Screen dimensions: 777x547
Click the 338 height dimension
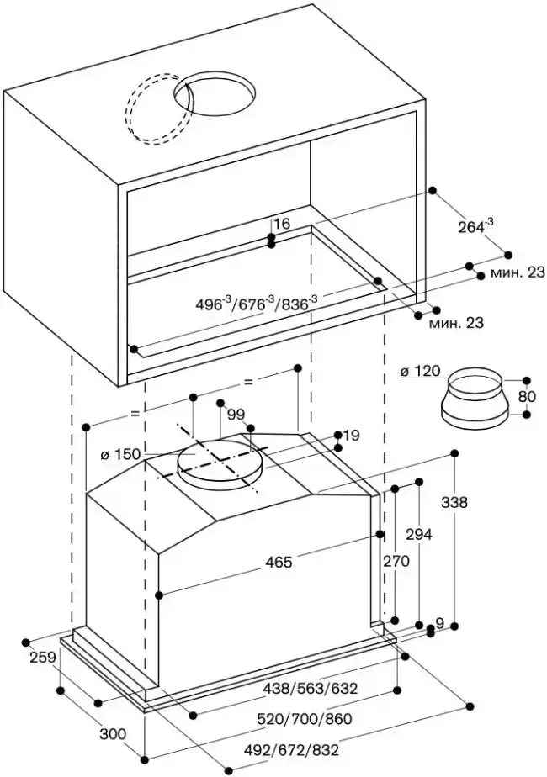click(x=454, y=502)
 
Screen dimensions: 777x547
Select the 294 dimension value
click(x=419, y=533)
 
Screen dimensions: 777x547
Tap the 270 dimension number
click(x=396, y=561)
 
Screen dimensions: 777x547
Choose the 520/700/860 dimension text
click(x=304, y=719)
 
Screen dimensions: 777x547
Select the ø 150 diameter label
click(x=119, y=455)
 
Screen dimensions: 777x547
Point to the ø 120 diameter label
click(x=420, y=371)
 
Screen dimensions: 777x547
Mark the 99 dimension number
click(x=236, y=414)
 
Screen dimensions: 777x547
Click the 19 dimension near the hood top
click(x=351, y=435)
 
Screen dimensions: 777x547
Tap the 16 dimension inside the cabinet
click(x=282, y=224)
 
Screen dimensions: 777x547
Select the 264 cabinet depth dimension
click(x=475, y=225)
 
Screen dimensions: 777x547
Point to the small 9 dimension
click(x=439, y=623)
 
